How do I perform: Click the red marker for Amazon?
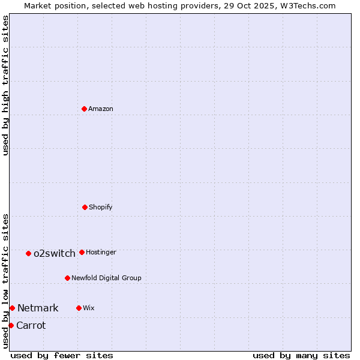tap(84, 109)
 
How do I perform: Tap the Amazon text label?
tap(101, 109)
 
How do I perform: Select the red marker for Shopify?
tap(85, 207)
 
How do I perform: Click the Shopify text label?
tap(101, 208)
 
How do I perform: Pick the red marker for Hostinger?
tap(82, 252)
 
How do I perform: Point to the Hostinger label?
tap(101, 253)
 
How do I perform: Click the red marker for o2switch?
tap(28, 253)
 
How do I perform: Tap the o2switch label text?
tap(55, 254)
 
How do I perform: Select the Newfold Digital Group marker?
tap(67, 278)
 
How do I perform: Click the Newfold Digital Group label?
tap(106, 278)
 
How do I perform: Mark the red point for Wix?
tap(79, 308)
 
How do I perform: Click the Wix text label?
tap(89, 308)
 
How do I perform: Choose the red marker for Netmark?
tap(12, 308)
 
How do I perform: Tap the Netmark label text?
tap(38, 308)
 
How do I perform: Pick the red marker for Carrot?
tap(11, 325)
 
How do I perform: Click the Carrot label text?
tap(31, 326)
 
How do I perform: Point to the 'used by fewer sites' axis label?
tap(62, 355)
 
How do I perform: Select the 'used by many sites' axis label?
tap(301, 355)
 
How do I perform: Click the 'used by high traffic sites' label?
tap(5, 85)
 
